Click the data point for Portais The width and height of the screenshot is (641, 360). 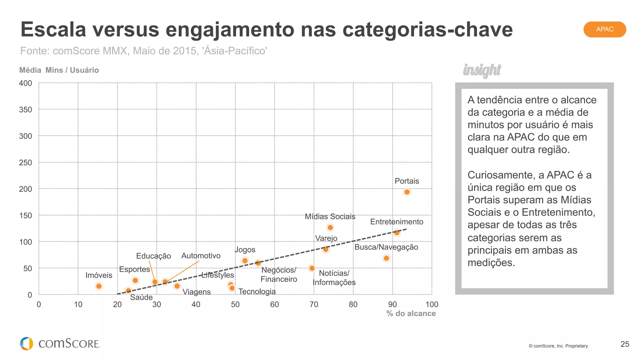point(407,192)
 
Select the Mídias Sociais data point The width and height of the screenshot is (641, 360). point(330,227)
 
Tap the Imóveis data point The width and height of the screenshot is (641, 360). point(99,286)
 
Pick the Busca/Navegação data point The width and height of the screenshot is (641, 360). point(386,258)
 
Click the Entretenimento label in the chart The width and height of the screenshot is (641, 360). point(397,222)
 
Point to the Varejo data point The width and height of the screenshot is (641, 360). point(326,249)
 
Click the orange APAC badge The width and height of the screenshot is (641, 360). point(604,29)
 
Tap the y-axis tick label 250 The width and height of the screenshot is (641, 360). point(26,163)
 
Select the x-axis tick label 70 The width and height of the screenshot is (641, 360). point(314,304)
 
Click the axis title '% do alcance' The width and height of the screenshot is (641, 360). point(411,313)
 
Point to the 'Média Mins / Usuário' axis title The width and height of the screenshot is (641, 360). point(59,70)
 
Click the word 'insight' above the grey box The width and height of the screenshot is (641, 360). point(482,70)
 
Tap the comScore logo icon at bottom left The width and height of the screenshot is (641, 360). point(27,343)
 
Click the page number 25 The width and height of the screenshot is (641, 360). point(625,344)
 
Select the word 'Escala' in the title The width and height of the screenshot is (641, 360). point(53,30)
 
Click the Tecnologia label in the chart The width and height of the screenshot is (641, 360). point(257,292)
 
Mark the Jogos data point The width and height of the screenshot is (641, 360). point(245,261)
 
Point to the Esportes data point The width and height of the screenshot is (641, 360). point(135,280)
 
